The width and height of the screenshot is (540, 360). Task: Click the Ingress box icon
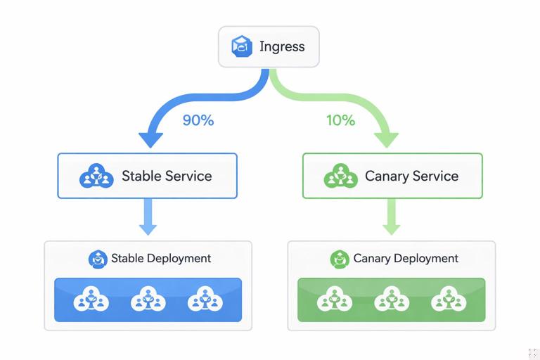(x=242, y=47)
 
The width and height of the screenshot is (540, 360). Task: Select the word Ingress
(x=282, y=47)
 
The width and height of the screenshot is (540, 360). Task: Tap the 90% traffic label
(x=198, y=120)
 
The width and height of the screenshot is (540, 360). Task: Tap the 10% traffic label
(x=340, y=120)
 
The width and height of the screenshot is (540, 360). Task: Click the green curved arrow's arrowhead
(x=388, y=139)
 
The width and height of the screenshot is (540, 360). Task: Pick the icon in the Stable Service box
(x=96, y=176)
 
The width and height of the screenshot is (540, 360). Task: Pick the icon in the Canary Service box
(x=340, y=176)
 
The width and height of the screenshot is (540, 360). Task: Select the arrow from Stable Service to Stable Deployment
(x=148, y=217)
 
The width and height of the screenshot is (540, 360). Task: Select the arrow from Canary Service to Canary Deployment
(x=392, y=217)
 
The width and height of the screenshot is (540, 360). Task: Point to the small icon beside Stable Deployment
(x=98, y=259)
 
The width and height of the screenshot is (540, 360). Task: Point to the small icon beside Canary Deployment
(x=340, y=259)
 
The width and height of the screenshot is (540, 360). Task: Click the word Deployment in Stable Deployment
(x=179, y=259)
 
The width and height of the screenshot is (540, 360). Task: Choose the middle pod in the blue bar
(x=148, y=300)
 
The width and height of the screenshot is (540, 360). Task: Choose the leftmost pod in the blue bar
(x=91, y=300)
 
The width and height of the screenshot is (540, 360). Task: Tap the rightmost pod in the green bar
(x=449, y=300)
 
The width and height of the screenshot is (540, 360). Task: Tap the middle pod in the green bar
(x=392, y=300)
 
